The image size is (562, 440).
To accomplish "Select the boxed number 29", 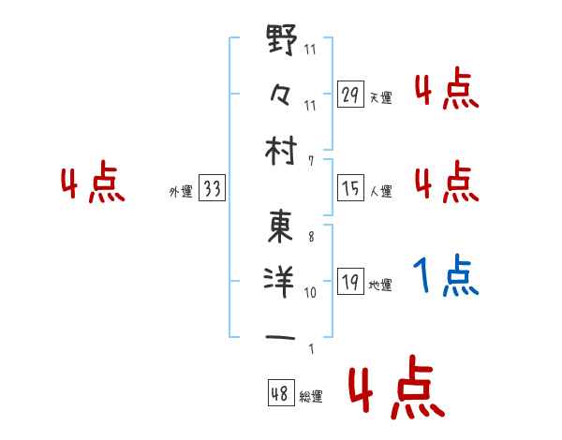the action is [x=351, y=95].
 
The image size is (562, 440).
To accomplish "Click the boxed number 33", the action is [x=212, y=189].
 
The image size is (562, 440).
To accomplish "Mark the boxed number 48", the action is [x=280, y=393].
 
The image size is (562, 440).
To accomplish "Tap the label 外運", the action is [x=180, y=192].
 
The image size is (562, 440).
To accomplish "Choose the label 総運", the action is [x=311, y=396].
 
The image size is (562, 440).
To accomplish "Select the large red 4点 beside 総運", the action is [x=393, y=391].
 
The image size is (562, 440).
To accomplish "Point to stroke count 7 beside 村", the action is [x=310, y=162].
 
